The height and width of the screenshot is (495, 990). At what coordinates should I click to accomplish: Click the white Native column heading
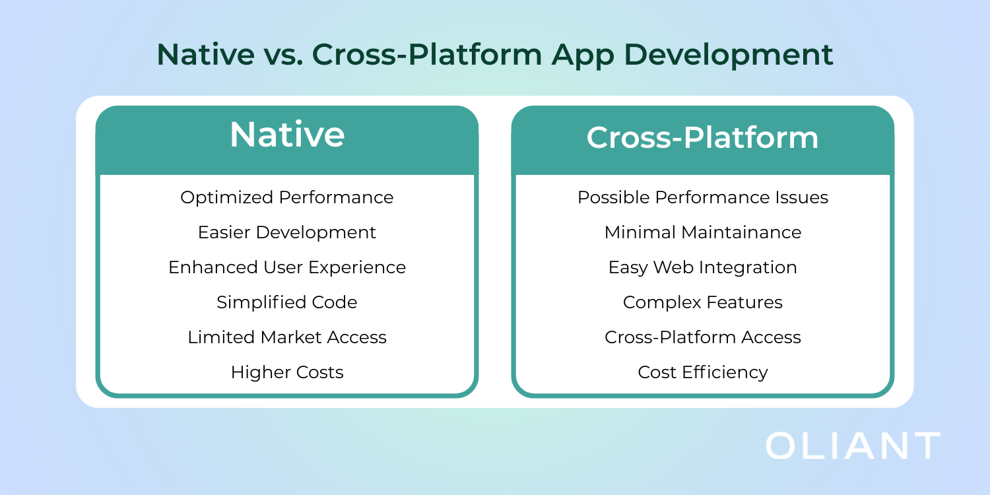(287, 135)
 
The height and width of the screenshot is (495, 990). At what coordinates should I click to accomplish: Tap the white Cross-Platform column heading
(702, 137)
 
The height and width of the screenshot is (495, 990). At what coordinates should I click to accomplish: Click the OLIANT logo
(853, 445)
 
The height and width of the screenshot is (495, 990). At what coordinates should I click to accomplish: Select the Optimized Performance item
(287, 197)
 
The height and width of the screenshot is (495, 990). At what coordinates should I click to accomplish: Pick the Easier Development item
(287, 232)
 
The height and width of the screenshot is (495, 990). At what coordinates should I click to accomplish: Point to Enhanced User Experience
(287, 267)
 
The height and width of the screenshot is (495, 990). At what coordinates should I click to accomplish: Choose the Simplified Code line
(287, 302)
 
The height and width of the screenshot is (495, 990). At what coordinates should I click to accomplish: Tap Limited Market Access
(287, 337)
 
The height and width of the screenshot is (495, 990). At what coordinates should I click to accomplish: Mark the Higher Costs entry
(287, 372)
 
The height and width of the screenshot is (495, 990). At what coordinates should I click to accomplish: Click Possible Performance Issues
(703, 197)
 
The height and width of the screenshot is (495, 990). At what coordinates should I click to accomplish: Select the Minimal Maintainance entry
(703, 232)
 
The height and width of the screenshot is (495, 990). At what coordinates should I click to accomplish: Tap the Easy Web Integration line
(703, 267)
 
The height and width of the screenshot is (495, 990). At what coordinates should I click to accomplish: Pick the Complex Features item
(703, 302)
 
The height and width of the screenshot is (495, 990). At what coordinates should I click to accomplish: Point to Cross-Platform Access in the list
(703, 337)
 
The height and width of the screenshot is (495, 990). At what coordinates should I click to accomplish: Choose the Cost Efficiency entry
(703, 372)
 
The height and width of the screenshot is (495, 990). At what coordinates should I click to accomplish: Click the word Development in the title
(729, 55)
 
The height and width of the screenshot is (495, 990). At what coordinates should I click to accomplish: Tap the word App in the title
(583, 55)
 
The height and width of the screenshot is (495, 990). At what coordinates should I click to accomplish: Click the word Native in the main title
(205, 54)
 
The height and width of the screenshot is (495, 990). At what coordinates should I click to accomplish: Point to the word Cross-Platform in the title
(427, 54)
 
